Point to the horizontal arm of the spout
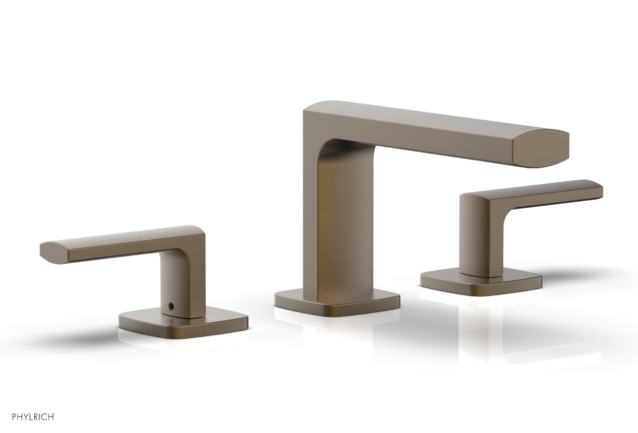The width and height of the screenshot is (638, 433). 433,130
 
